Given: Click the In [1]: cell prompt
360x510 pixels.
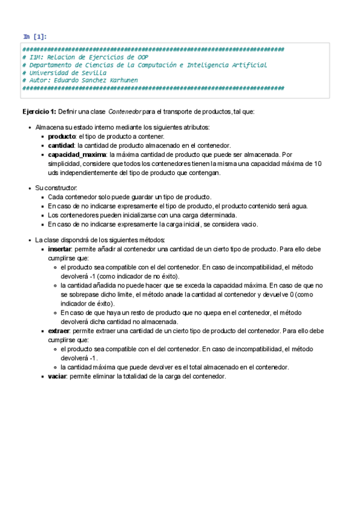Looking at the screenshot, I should pos(35,37).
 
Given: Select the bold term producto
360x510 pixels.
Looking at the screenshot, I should pos(61,137).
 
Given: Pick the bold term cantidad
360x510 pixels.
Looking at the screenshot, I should pos(61,146).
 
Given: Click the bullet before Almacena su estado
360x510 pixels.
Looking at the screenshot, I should pos(30,128).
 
